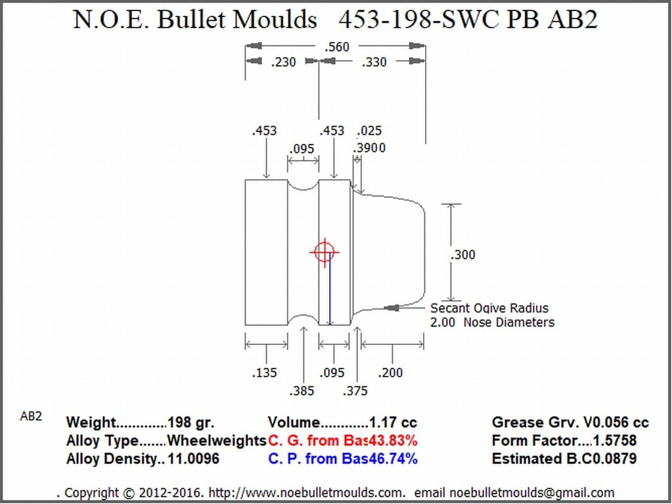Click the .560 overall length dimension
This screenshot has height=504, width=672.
click(x=337, y=46)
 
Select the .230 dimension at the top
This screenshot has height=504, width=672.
click(x=283, y=62)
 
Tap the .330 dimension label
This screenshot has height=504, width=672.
click(x=374, y=62)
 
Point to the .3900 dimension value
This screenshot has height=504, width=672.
click(x=369, y=148)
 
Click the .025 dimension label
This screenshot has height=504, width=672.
click(x=369, y=130)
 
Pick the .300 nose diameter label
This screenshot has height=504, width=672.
click(x=463, y=254)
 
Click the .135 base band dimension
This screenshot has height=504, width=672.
click(x=265, y=373)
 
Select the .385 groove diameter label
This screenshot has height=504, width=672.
click(x=302, y=390)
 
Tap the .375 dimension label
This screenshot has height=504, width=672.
click(x=355, y=390)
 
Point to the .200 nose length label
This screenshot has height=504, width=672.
click(x=390, y=373)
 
